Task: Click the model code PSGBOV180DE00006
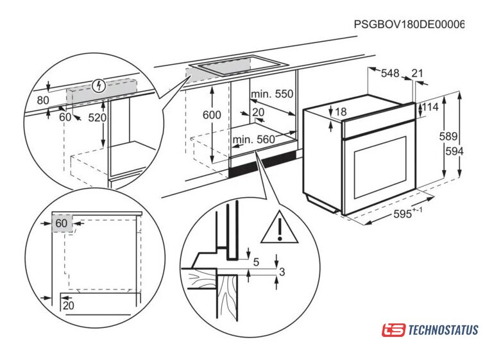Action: click(x=409, y=24)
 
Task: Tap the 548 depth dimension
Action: click(x=390, y=73)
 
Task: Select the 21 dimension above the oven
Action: click(x=417, y=73)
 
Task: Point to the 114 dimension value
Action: click(x=430, y=107)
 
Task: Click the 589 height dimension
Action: click(x=448, y=136)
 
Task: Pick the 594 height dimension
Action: click(x=454, y=151)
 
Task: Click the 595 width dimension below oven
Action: click(x=408, y=213)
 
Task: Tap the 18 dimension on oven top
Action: click(x=341, y=112)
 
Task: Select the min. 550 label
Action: click(x=272, y=94)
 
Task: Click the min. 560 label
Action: click(x=253, y=140)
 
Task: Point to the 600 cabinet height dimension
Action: click(x=212, y=115)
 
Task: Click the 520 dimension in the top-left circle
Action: click(x=97, y=117)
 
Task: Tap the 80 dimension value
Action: click(x=43, y=100)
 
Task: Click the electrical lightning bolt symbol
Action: click(x=99, y=85)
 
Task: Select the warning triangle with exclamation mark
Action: click(x=279, y=228)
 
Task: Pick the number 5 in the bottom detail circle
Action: click(x=256, y=262)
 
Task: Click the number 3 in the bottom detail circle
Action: click(x=282, y=272)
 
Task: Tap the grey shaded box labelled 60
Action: click(x=62, y=223)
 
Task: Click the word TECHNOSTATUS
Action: click(x=443, y=330)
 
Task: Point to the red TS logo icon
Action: click(x=393, y=330)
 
